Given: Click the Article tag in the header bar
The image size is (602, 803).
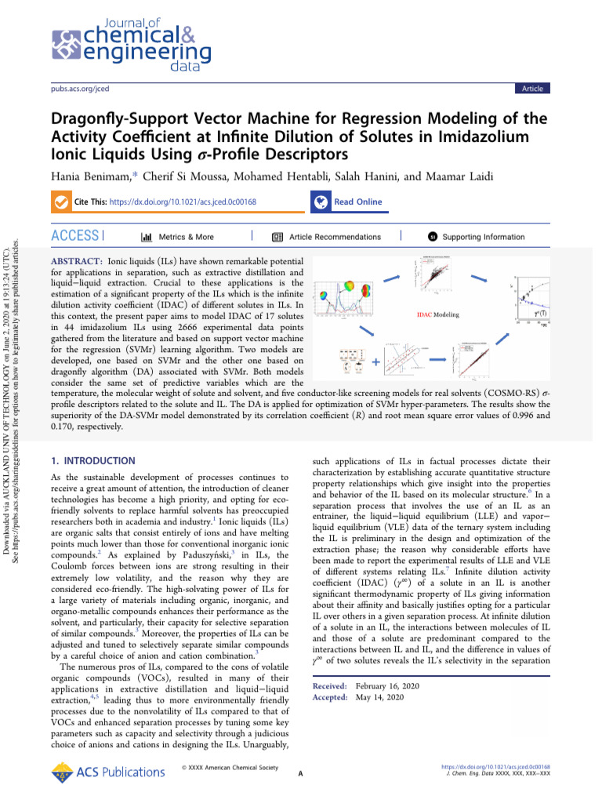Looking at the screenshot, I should pos(532,89).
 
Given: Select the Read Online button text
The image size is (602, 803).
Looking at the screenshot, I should pos(357,202).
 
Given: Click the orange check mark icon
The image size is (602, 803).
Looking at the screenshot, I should pos(60,202).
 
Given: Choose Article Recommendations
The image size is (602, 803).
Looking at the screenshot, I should pos(335,237).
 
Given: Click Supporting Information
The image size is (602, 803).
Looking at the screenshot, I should pos(484,237).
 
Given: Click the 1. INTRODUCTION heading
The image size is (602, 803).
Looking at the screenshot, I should pos(92,461).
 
